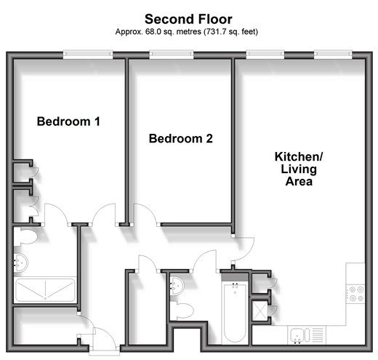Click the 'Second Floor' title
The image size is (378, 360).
point(188,19)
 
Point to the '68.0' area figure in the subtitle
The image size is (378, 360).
point(153,32)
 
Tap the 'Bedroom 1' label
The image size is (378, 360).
point(68,121)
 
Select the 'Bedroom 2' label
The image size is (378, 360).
point(181,138)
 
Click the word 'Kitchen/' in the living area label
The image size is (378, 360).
point(299,157)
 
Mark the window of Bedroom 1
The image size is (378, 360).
point(88,55)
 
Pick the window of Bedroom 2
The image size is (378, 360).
point(172,55)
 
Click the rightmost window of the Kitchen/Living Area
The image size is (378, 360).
point(333,55)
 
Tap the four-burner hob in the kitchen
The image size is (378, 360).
point(355,294)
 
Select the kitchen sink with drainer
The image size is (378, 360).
point(307,335)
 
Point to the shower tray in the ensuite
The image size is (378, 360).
point(45,290)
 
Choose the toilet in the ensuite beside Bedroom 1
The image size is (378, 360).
point(25,236)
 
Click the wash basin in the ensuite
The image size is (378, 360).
point(20,263)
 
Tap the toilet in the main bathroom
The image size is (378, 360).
point(182,311)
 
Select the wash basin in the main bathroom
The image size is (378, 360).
point(177,286)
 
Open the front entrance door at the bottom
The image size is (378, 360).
point(105,339)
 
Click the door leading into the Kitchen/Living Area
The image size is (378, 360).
point(244,249)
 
